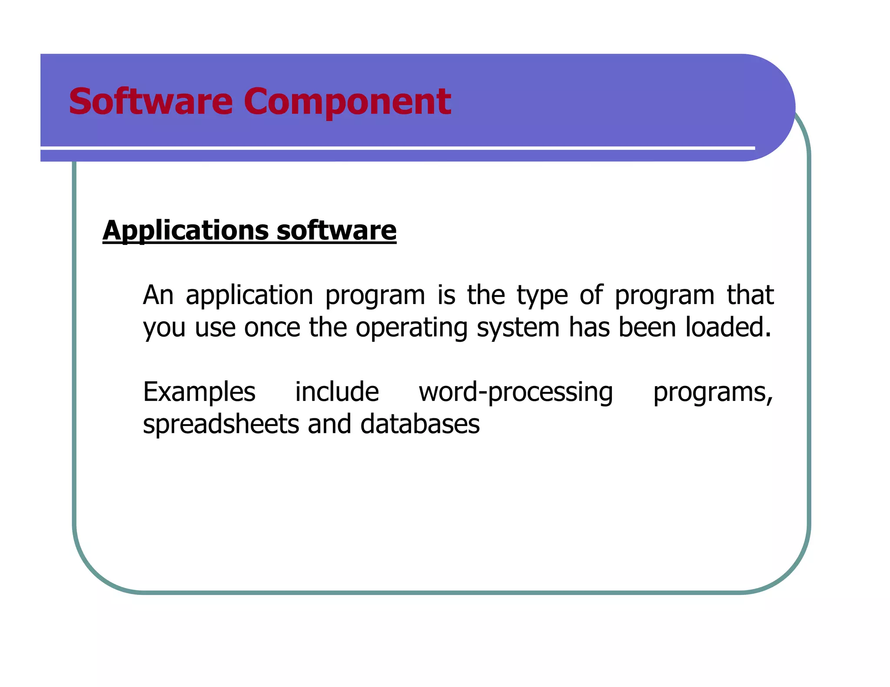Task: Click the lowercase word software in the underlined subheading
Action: point(336,230)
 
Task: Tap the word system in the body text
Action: point(518,328)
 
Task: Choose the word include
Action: point(337,391)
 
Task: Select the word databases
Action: point(420,424)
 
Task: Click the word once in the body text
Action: point(272,327)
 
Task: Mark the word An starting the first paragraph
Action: point(158,295)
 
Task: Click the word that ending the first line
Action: point(751,295)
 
